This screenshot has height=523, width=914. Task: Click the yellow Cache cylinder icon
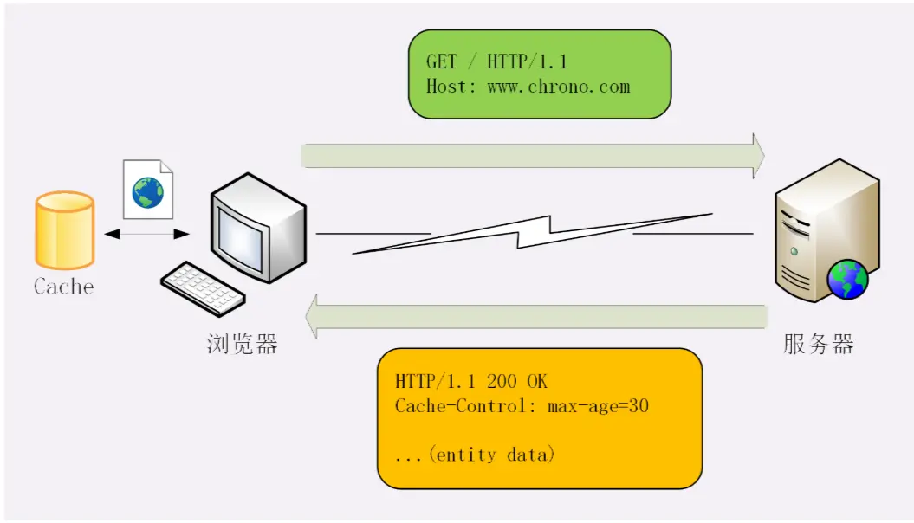pyautogui.click(x=64, y=229)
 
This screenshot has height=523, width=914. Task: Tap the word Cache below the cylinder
pyautogui.click(x=63, y=287)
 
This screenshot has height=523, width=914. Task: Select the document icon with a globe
pyautogui.click(x=147, y=190)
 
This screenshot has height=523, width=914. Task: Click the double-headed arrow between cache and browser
pyautogui.click(x=146, y=234)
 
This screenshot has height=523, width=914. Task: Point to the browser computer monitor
pyautogui.click(x=256, y=226)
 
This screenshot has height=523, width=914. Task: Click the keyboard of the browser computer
pyautogui.click(x=203, y=286)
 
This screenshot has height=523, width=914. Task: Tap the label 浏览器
pyautogui.click(x=243, y=344)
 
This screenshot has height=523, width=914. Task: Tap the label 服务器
pyautogui.click(x=819, y=344)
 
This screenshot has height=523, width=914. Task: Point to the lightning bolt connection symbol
pyautogui.click(x=535, y=232)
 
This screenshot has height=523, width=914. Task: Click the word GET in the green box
pyautogui.click(x=441, y=62)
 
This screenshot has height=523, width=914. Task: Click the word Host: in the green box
pyautogui.click(x=451, y=87)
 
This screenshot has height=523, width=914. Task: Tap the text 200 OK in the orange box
pyautogui.click(x=517, y=382)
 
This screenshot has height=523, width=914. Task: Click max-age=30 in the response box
pyautogui.click(x=599, y=405)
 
